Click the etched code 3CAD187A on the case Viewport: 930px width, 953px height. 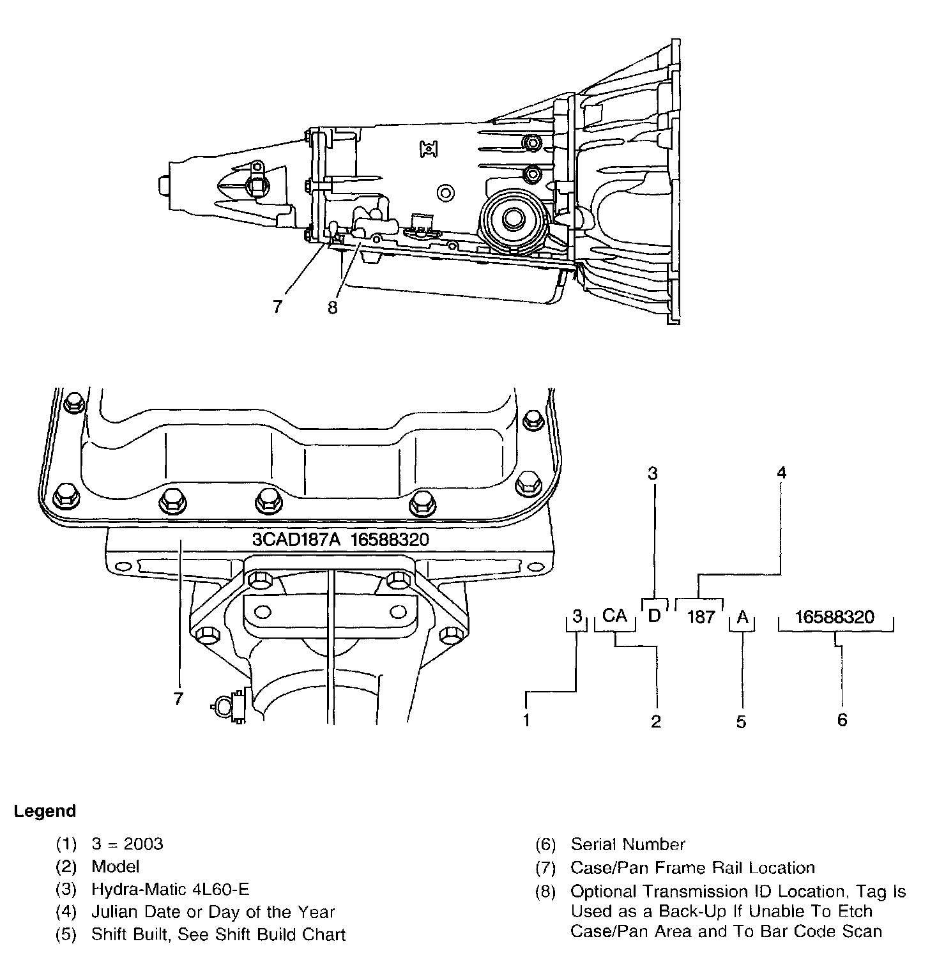click(291, 540)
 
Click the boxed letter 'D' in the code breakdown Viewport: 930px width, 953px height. click(654, 616)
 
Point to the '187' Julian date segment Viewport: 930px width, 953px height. click(701, 617)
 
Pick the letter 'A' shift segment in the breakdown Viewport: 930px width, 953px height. click(742, 617)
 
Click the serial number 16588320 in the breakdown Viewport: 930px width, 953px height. click(835, 617)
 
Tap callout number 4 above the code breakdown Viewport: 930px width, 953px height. click(781, 473)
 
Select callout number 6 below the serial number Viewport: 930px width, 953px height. click(842, 720)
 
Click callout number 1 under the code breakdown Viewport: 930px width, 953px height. click(526, 720)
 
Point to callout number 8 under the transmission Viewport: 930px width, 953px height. click(332, 307)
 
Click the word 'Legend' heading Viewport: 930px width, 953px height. click(45, 811)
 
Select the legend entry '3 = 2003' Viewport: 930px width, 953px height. click(127, 844)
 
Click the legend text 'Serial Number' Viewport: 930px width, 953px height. click(628, 844)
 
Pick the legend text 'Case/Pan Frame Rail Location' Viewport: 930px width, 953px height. click(693, 867)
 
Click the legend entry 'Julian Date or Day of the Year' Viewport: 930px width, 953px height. click(213, 912)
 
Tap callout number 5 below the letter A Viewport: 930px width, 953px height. click(741, 722)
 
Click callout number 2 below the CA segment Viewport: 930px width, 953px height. click(656, 722)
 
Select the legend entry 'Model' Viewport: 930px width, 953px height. click(116, 866)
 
